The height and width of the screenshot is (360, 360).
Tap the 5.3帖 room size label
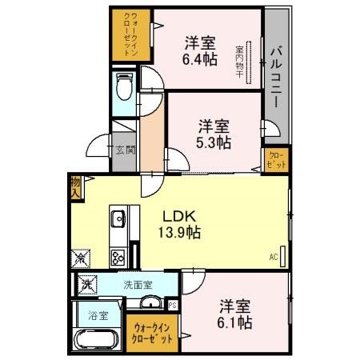coord(214,142)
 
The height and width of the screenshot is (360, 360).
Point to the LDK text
coord(181,216)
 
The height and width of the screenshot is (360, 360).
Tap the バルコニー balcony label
coord(276,71)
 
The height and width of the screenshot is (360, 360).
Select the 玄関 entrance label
coord(123,150)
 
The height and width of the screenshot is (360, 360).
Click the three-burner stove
coord(118,256)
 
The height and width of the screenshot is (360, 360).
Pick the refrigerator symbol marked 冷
coord(81,258)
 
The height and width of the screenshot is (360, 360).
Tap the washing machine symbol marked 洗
coord(86,284)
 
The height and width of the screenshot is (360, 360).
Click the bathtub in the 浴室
coord(95,340)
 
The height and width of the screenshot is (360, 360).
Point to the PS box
coord(174,304)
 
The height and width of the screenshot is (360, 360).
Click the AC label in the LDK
coord(273,257)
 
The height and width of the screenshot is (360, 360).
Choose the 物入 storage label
coord(75,187)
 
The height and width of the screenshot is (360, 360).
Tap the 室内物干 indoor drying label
coord(239,60)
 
